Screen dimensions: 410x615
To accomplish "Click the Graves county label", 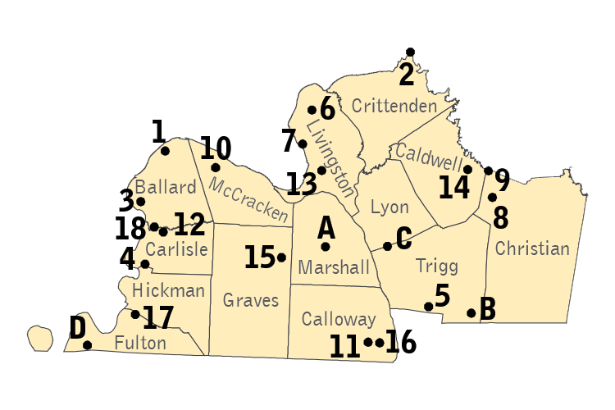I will tap(251, 301).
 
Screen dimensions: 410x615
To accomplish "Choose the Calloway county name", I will tap(338, 319).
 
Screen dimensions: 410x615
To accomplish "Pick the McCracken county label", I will tap(249, 199).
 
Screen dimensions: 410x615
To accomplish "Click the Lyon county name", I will tap(389, 207).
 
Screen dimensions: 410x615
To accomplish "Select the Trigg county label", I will tap(437, 266).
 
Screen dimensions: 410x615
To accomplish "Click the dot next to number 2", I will tap(410, 52).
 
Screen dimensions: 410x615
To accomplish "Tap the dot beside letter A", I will tap(326, 246).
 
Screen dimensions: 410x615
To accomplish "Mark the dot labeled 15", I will tap(281, 257).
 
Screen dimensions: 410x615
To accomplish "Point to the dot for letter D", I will tap(88, 345).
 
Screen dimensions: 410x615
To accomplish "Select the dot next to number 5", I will tap(428, 307).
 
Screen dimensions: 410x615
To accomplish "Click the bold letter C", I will tap(403, 238).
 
